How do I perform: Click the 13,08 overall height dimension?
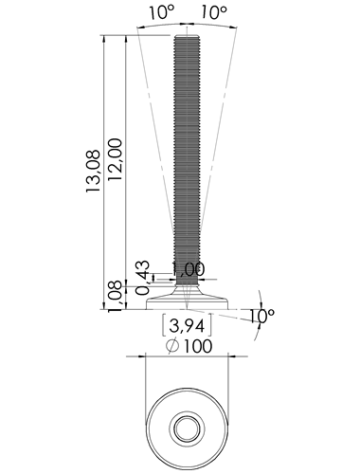coord(94,171)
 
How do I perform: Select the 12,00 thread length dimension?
coord(115,159)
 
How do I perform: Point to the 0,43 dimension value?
coord(142,278)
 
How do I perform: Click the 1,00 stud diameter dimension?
coord(189,269)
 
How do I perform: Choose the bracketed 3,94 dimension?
coord(187,325)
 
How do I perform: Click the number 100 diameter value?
coord(198,346)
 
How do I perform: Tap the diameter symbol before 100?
coord(172,346)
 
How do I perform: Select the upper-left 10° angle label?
coord(162,13)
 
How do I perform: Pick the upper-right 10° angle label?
coord(214,13)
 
